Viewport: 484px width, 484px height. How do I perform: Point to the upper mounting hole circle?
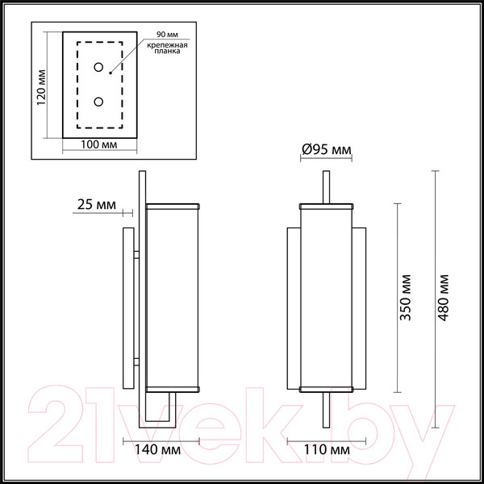click(x=98, y=69)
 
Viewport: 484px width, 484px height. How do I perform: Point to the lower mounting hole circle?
click(x=98, y=102)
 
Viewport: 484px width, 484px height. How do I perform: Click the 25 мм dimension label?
click(x=96, y=204)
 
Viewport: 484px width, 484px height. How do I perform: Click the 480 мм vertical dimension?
click(x=444, y=298)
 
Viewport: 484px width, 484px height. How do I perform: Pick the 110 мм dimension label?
click(x=327, y=449)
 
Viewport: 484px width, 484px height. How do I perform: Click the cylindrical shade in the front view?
click(x=327, y=298)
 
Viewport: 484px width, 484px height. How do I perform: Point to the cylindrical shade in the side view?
click(x=173, y=298)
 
